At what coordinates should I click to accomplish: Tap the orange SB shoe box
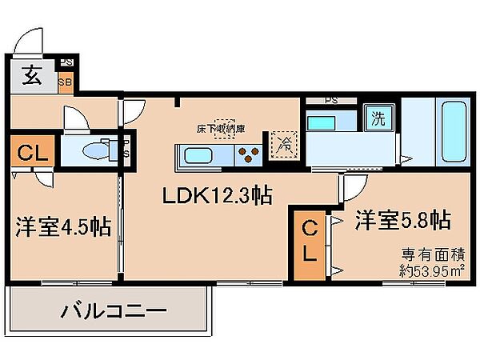pos(68,80)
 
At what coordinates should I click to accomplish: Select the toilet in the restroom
pos(96,150)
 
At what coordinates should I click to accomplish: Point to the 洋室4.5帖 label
pos(62,227)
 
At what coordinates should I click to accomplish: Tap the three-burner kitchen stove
pos(247,154)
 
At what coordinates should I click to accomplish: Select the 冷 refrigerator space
pos(284,144)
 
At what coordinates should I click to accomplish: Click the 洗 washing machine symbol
pos(376,120)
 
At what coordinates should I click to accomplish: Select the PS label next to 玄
pos(68,62)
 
